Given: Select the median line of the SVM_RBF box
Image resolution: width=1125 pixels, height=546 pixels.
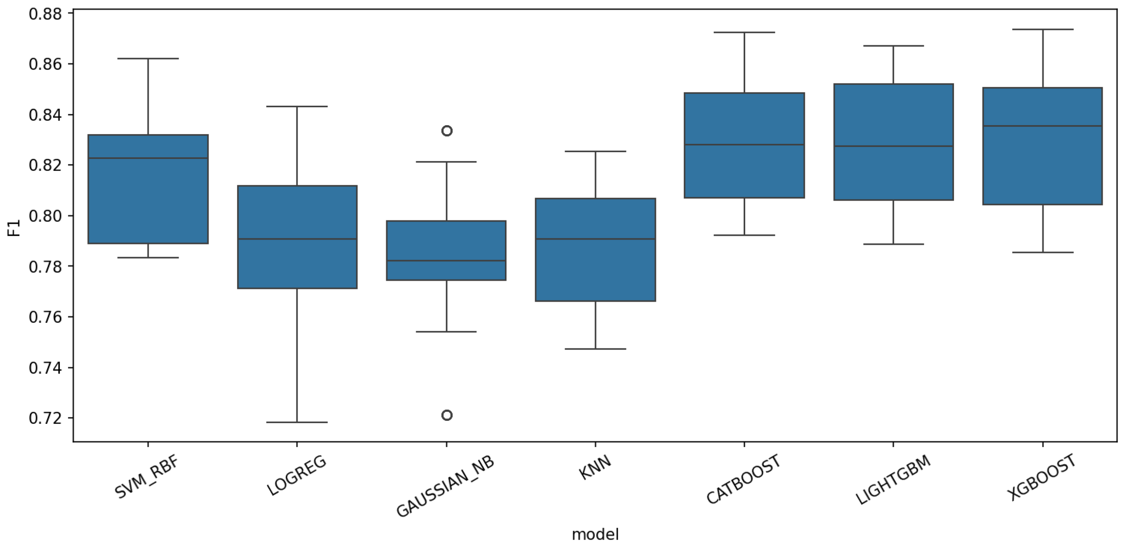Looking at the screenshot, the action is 148,158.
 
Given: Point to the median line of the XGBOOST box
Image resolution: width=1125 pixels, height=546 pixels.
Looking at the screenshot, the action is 1042,126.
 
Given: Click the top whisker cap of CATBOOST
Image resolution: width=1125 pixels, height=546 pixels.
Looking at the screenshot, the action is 744,32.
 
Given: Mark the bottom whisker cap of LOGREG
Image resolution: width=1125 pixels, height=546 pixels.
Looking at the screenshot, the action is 297,422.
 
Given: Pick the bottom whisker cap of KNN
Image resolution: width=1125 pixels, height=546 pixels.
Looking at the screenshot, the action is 595,349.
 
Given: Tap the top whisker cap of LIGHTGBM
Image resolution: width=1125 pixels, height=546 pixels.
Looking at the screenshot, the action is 893,46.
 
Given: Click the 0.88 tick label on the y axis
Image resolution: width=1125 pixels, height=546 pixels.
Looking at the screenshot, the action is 45,14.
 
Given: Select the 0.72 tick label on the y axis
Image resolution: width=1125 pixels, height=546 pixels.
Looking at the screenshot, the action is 45,418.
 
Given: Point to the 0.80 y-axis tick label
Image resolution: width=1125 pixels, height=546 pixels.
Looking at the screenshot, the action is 45,216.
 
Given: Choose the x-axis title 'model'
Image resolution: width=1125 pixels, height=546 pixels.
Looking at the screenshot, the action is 595,534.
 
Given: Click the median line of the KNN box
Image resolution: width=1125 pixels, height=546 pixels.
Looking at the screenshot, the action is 595,239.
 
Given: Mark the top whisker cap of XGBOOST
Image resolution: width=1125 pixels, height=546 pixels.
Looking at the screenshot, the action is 1042,29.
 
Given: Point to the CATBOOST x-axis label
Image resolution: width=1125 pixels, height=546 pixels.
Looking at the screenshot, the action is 744,479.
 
